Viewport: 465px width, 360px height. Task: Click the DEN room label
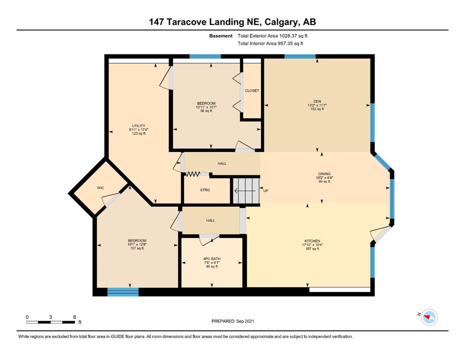pos(317,102)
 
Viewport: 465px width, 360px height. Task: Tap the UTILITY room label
pos(139,126)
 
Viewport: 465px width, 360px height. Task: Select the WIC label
pos(101,188)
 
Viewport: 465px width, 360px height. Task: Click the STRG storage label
pos(205,190)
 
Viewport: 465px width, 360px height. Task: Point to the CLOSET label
pos(252,90)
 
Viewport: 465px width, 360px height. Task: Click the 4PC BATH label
pos(212,259)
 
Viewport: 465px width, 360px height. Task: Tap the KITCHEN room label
pos(312,241)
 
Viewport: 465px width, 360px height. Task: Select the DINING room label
pos(324,174)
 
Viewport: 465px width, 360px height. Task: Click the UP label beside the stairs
pos(266,190)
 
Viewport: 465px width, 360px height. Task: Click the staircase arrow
pos(245,191)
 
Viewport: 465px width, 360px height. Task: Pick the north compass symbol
pos(429,317)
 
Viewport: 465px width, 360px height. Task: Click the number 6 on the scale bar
pos(75,317)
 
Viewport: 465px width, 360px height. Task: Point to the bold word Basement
pos(221,36)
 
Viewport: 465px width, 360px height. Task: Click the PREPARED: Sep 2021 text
pos(232,321)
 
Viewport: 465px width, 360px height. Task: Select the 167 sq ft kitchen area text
pos(312,249)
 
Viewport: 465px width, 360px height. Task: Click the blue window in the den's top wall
pos(300,56)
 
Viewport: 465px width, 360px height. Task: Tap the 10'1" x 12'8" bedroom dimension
pos(137,245)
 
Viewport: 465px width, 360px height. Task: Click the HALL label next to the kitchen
pos(211,220)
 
